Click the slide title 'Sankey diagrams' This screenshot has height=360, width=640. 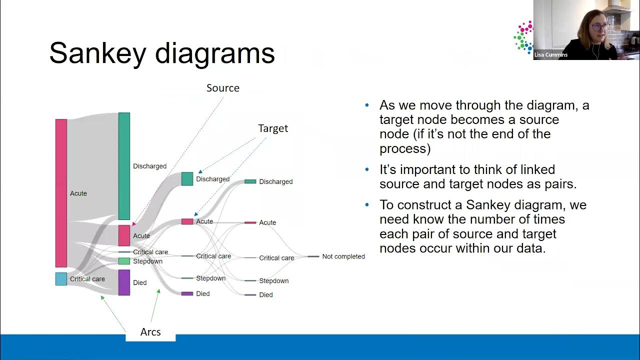tap(162, 53)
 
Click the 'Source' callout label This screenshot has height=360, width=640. tap(223, 88)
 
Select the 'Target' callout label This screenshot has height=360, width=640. tap(273, 128)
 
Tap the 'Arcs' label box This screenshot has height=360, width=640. tap(150, 332)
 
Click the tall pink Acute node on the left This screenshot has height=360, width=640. tap(61, 193)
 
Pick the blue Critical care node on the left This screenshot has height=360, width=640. tap(61, 279)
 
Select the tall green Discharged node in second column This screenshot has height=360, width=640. tap(124, 166)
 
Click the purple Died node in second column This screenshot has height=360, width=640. tap(124, 282)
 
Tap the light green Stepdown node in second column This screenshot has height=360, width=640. tap(124, 261)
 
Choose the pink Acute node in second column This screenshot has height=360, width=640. tap(124, 235)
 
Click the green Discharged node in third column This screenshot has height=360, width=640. tap(187, 179)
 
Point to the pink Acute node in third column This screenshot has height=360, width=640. tap(187, 221)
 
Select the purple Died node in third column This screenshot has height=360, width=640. tap(187, 293)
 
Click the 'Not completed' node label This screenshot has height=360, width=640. tap(343, 256)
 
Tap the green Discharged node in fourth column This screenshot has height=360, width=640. tap(250, 181)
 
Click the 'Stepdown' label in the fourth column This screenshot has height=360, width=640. tap(273, 281)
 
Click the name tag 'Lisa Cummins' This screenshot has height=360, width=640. tap(551, 55)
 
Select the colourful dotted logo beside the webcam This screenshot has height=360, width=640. tap(523, 36)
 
